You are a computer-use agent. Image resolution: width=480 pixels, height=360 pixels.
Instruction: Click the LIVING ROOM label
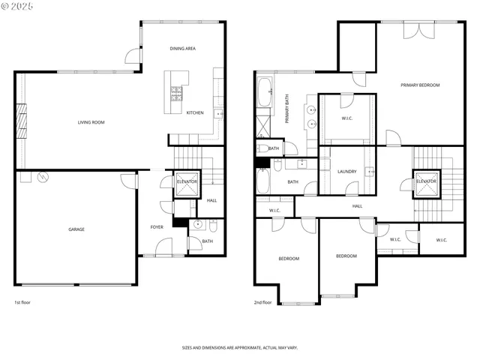coord(91,122)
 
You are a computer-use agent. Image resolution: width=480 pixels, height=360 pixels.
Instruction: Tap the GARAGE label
coord(76,229)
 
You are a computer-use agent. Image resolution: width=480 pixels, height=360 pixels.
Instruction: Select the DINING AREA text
coord(182,49)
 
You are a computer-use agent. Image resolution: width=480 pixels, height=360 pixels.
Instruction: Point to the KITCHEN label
coord(195,112)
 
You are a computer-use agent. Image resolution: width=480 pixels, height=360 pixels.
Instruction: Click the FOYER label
coord(157,226)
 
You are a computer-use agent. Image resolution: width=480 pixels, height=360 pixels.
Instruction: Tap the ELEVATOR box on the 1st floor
coord(187,182)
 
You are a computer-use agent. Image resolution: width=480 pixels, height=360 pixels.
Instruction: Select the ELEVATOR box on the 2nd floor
coord(426,182)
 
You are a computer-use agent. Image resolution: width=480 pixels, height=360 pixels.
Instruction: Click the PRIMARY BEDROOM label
coord(420,85)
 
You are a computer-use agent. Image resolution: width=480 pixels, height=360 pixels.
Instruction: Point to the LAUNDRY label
coord(347,172)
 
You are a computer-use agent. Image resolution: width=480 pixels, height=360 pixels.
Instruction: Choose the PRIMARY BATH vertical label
coord(287,109)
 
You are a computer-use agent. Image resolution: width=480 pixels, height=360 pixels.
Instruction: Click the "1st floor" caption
coord(22,302)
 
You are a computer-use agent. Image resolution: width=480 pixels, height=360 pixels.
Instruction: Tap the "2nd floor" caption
coord(262,302)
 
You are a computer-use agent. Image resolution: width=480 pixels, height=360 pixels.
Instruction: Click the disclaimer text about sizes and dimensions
coord(240,347)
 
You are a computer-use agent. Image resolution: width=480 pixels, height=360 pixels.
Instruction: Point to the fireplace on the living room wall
coord(21,122)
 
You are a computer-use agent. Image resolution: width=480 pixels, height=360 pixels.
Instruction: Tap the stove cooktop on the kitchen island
coord(177,93)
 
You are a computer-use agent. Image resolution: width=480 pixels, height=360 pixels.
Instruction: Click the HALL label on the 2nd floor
coord(358,205)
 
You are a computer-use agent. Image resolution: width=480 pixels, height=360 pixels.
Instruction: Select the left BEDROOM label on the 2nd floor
coord(289,259)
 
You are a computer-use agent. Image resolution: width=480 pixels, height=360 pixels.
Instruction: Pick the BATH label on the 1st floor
coord(196,241)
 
